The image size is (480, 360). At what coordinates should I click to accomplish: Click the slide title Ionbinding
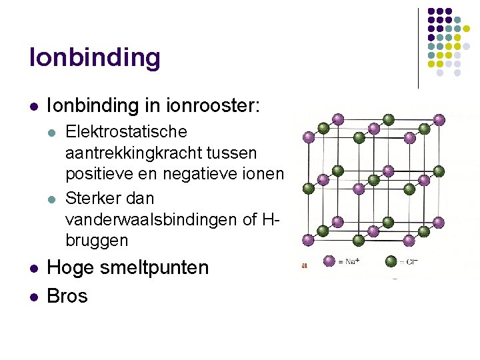click(95, 58)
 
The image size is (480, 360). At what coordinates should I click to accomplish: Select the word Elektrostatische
click(126, 132)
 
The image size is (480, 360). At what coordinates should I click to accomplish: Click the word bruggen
click(97, 240)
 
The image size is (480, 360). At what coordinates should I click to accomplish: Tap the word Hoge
click(69, 268)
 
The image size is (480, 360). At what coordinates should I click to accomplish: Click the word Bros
click(67, 295)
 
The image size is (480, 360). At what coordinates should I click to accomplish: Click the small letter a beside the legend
click(305, 265)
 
